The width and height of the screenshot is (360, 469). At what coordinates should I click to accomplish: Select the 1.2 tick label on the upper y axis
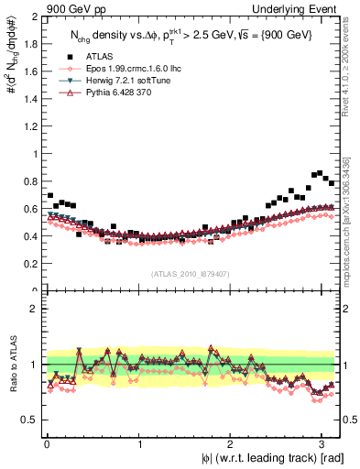[29, 126]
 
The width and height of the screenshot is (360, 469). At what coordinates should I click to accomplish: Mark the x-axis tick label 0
[46, 444]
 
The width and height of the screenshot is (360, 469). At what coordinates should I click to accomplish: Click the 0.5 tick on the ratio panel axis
[29, 420]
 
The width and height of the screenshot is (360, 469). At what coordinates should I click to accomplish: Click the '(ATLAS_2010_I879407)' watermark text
[191, 273]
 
